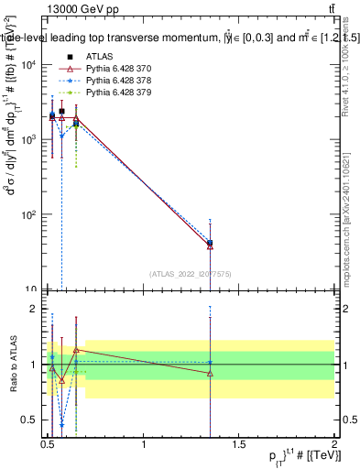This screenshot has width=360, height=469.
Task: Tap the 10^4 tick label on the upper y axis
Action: coord(29,64)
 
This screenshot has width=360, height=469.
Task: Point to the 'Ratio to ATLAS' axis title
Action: coord(11,365)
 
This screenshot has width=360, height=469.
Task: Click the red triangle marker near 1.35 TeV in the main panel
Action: coord(211,245)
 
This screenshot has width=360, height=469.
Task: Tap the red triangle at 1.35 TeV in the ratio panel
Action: coord(211,373)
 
